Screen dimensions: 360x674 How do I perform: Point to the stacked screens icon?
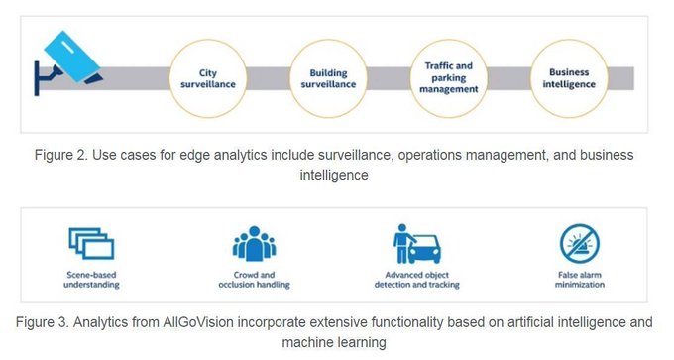point(91,243)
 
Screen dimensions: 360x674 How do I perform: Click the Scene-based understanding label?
point(91,279)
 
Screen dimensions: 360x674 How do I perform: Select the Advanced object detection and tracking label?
point(418,279)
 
